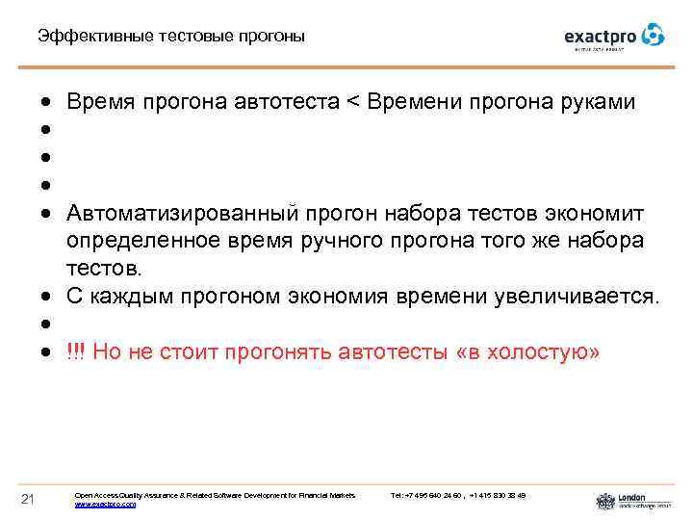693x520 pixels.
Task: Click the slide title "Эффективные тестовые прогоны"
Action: click(170, 37)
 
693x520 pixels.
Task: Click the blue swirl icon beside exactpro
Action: click(654, 35)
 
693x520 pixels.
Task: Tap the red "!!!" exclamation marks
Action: click(76, 352)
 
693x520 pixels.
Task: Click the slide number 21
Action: click(28, 498)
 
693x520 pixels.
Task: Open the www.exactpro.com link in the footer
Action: click(105, 504)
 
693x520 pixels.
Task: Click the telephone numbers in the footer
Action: click(458, 495)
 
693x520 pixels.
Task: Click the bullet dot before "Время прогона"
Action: click(46, 103)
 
